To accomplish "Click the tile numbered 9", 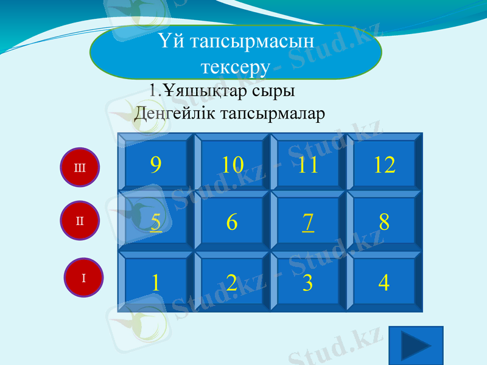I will [156, 164].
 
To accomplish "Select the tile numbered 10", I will [232, 164].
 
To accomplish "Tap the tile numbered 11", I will [308, 164].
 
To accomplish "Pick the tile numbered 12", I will [384, 164].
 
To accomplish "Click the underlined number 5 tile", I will [156, 223].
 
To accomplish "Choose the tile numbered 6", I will [232, 223].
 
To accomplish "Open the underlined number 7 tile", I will [308, 223].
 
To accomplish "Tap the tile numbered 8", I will [384, 223].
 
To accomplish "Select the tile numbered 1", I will [156, 282].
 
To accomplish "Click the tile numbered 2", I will [232, 282].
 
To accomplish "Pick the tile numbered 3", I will [308, 282].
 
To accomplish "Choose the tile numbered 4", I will [384, 282].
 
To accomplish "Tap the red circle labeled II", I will [80, 220].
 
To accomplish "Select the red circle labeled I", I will [84, 277].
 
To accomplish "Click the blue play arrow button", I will [416, 346].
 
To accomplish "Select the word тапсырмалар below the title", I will [273, 113].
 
